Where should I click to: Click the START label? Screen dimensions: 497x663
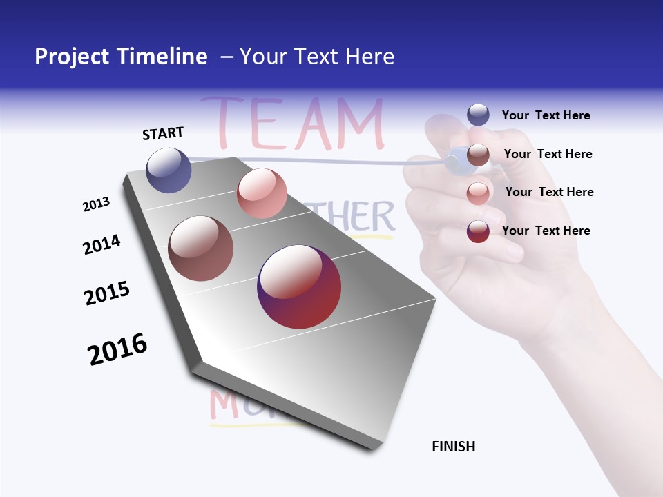pos(163,133)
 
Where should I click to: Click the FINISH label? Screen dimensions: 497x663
pos(453,447)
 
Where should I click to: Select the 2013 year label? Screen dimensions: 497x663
pos(96,204)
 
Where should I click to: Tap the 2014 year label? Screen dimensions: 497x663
pos(102,244)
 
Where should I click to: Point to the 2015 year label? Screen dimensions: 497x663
pos(107,293)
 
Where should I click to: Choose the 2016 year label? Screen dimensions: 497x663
pos(117,349)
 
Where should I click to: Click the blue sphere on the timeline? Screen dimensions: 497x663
pos(169,170)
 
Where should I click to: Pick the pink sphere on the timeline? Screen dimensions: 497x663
pos(262,193)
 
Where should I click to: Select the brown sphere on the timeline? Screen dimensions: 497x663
pos(200,248)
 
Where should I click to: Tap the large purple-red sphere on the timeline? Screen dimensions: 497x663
pos(299,286)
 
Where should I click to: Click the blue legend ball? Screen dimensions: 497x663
pos(478,115)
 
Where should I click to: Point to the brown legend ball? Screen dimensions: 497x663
pos(478,155)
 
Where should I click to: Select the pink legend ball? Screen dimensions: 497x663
pos(478,193)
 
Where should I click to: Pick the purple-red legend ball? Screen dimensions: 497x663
pos(478,231)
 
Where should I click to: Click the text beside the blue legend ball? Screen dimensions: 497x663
pos(546,115)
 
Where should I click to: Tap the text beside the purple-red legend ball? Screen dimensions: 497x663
pos(546,231)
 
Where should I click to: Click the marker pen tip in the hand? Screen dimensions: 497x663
pos(453,162)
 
